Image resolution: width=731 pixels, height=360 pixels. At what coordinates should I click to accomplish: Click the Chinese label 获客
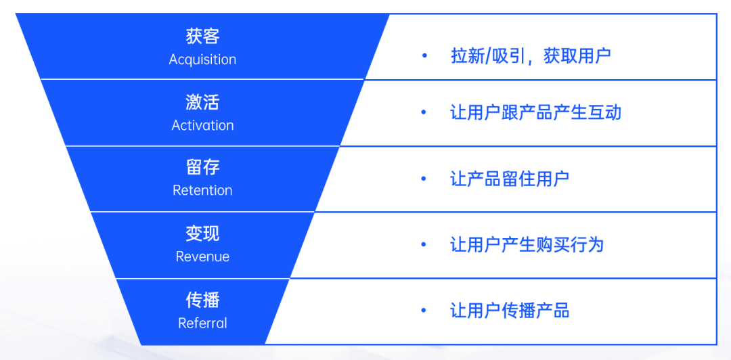pos(202,37)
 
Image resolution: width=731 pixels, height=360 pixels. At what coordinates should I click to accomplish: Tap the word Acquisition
pos(202,60)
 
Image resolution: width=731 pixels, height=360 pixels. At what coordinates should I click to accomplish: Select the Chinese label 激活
pos(202,103)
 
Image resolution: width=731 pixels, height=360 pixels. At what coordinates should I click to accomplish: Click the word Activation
pos(202,125)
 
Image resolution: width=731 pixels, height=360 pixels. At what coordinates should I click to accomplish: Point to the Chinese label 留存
pos(202,168)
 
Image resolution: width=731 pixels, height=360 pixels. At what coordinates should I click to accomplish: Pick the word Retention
pos(202,190)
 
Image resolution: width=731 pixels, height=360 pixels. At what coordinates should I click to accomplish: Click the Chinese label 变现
pos(202,234)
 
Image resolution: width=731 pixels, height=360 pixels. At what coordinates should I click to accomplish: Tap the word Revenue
pos(202,256)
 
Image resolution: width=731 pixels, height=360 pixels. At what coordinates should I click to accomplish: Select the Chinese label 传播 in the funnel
pos(202,300)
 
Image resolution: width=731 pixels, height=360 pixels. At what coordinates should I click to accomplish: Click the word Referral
pos(202,323)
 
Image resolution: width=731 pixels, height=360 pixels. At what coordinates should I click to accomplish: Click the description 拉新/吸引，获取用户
pos(531,55)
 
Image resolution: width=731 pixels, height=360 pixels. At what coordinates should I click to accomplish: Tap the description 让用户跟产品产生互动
pos(535,112)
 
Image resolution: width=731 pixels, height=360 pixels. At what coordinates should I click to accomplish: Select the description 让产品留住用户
pos(510,179)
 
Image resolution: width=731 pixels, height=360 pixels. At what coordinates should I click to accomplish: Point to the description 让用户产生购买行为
pos(527,244)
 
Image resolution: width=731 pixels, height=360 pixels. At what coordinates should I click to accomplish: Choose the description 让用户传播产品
pos(510,311)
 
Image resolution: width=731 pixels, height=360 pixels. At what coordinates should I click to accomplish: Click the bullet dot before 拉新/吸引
pos(424,55)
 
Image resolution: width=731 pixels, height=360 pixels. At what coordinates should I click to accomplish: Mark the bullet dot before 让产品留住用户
pos(424,179)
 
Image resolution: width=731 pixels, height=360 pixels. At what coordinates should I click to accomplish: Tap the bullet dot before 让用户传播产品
pos(424,311)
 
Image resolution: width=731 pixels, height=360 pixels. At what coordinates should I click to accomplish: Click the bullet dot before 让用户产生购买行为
pos(424,244)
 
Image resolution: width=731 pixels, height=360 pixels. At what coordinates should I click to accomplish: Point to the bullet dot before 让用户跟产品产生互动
pos(424,112)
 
